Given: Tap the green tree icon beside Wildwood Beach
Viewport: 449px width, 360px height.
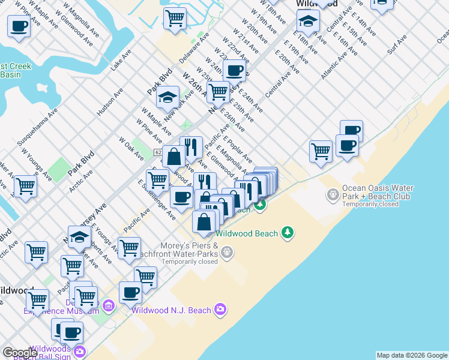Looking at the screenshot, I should pos(288,233).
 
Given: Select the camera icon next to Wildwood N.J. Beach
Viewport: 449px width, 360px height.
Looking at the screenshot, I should pos(221,310).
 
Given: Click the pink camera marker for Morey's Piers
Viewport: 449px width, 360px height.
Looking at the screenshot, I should pos(227,253).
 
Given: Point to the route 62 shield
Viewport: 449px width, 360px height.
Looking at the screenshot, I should pos(157,153).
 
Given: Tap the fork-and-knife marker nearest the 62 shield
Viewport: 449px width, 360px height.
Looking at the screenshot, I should pos(191,146).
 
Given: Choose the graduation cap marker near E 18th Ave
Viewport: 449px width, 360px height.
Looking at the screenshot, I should pos(308,21).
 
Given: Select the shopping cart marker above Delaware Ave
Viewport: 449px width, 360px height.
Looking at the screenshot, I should pos(175,17).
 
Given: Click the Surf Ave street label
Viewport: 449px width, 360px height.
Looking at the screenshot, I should pos(397,44).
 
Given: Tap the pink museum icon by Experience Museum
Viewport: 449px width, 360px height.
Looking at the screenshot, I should pos(108,307).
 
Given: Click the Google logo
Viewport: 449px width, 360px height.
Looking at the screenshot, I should pos(20,353).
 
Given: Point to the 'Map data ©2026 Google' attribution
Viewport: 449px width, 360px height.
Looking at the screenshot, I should pos(412,355).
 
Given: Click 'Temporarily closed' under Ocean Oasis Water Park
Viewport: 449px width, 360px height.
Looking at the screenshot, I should pos(370,204).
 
